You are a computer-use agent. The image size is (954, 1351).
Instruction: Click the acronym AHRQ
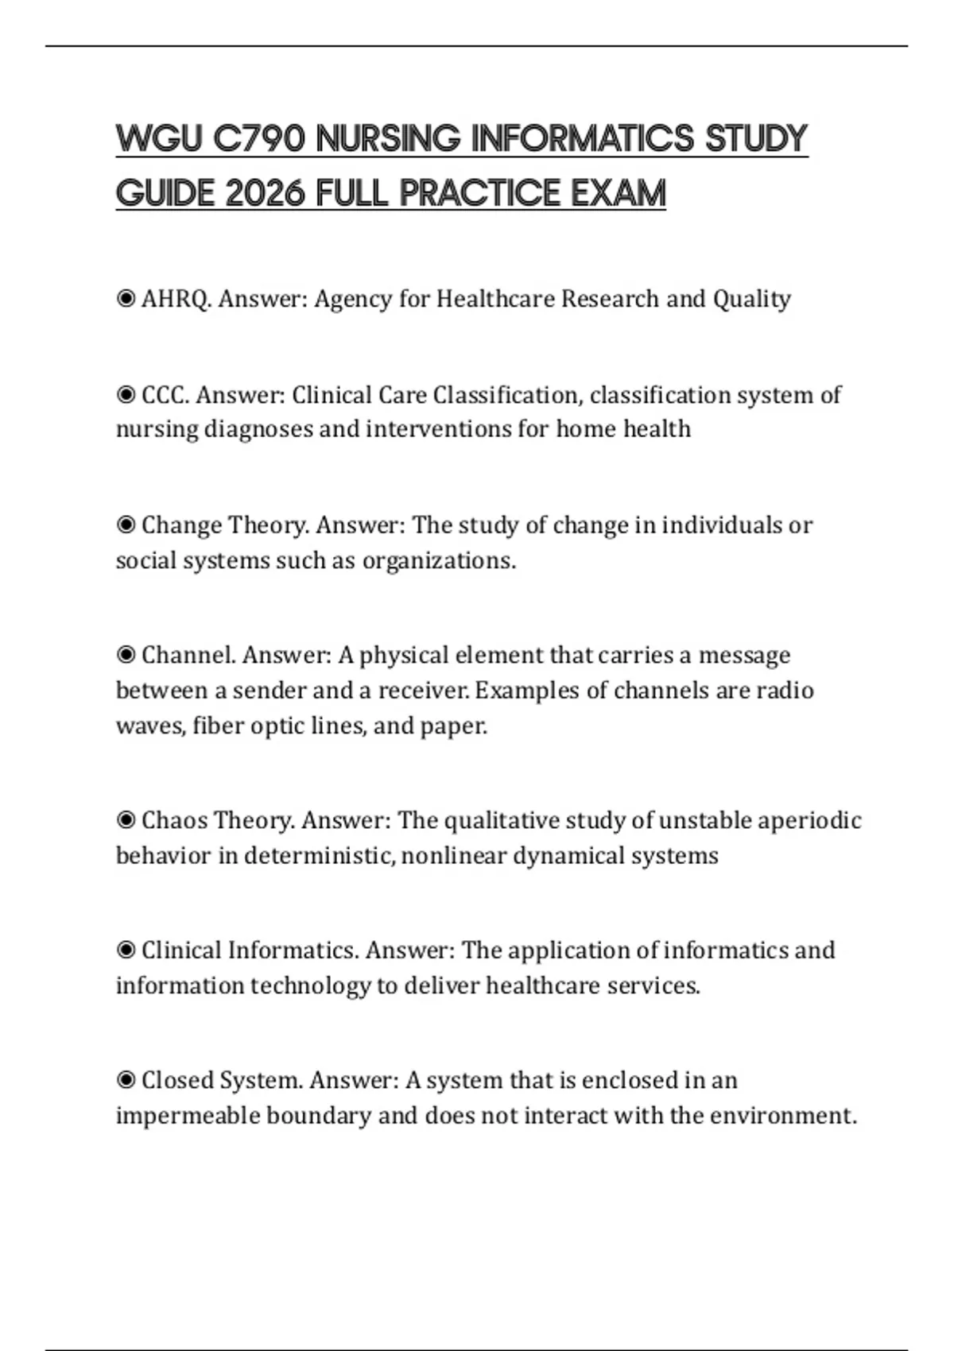point(176,299)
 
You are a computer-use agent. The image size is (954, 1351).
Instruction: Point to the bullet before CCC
point(126,394)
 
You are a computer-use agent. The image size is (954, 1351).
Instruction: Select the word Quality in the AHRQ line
point(751,299)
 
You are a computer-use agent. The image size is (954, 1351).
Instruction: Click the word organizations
point(439,561)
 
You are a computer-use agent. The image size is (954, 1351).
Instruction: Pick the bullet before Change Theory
point(126,525)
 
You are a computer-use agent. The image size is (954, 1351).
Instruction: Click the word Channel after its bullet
point(188,655)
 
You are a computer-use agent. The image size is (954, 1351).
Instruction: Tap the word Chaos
point(173,820)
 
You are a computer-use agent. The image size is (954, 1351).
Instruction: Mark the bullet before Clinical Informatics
point(126,950)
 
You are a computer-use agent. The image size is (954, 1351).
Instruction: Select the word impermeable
point(188,1116)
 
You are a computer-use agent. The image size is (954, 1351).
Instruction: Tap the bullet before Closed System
point(126,1080)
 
